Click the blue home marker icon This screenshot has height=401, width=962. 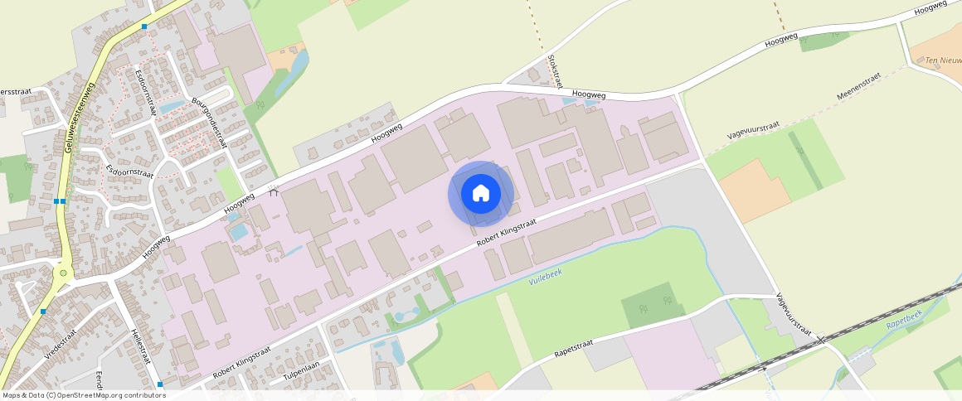click(481, 194)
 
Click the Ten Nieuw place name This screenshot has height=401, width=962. click(943, 60)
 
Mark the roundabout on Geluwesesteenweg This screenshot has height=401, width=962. click(62, 272)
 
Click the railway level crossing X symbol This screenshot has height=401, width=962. click(819, 338)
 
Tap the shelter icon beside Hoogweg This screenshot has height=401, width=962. click(275, 193)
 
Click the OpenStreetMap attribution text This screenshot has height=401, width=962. click(83, 395)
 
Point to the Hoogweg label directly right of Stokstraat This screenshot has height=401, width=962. click(589, 96)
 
